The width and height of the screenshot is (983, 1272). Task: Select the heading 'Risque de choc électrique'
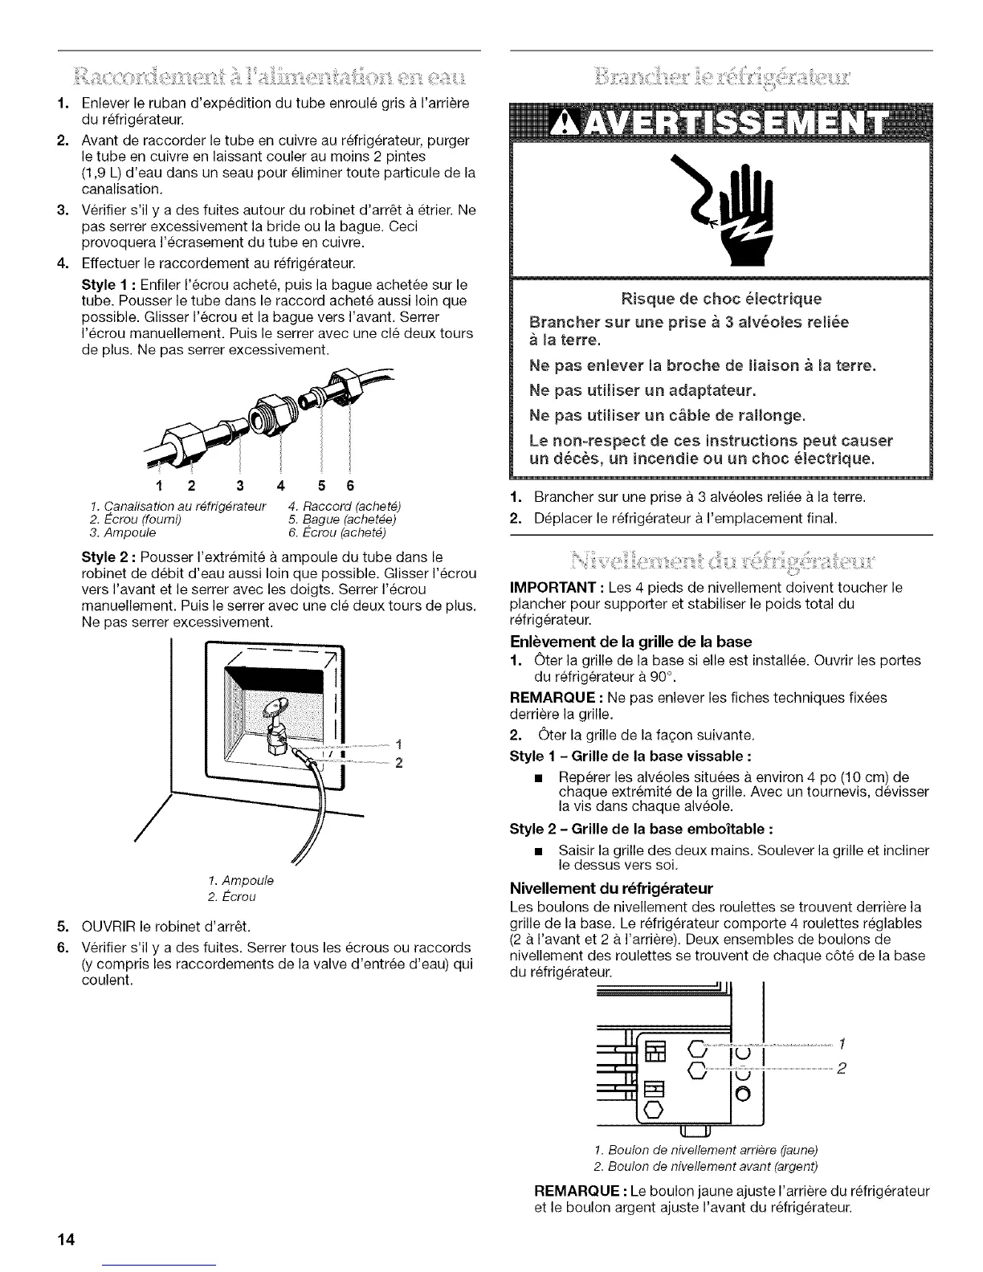click(x=721, y=300)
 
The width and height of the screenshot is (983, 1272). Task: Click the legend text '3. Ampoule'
click(x=123, y=532)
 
